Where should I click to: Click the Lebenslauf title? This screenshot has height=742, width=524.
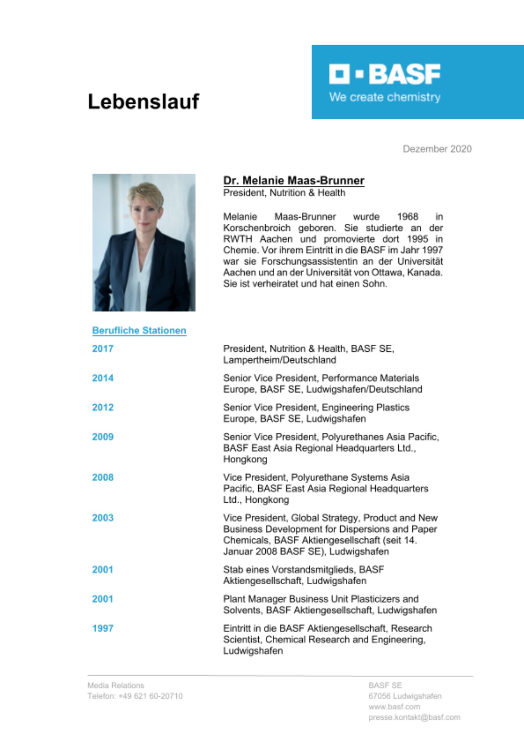coord(143,102)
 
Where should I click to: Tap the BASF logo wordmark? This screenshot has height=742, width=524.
coord(385,74)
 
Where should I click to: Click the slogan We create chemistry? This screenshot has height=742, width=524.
coord(385,97)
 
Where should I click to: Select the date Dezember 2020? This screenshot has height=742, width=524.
coord(437,149)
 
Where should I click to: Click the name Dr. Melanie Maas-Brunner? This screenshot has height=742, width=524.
coord(293,181)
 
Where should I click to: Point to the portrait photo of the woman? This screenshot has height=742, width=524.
coord(144,242)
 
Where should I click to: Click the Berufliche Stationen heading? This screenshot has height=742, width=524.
coord(139,331)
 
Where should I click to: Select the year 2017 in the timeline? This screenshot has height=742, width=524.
coord(103,349)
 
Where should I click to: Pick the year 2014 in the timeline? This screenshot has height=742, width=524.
coord(103,378)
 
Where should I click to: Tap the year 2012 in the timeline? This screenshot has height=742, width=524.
coord(103,407)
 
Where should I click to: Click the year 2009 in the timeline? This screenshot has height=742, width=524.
coord(103,437)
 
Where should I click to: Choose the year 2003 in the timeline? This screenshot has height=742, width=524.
coord(103,518)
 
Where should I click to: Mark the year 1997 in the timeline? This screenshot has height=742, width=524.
coord(103,628)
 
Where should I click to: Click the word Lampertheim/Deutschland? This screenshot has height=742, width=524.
coord(279,360)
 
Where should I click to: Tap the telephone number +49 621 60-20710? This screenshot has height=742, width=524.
coord(150,696)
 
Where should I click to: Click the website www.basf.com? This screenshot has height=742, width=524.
coord(394,707)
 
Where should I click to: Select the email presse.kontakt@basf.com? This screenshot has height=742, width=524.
coord(414,718)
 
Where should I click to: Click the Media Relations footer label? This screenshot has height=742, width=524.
coord(116,685)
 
